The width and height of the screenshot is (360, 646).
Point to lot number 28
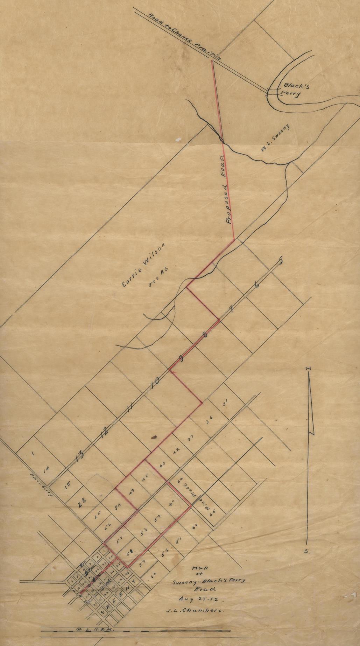click(x=82, y=504)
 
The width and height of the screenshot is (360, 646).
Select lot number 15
click(x=68, y=485)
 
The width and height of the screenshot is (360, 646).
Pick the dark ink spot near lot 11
click(x=153, y=436)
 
